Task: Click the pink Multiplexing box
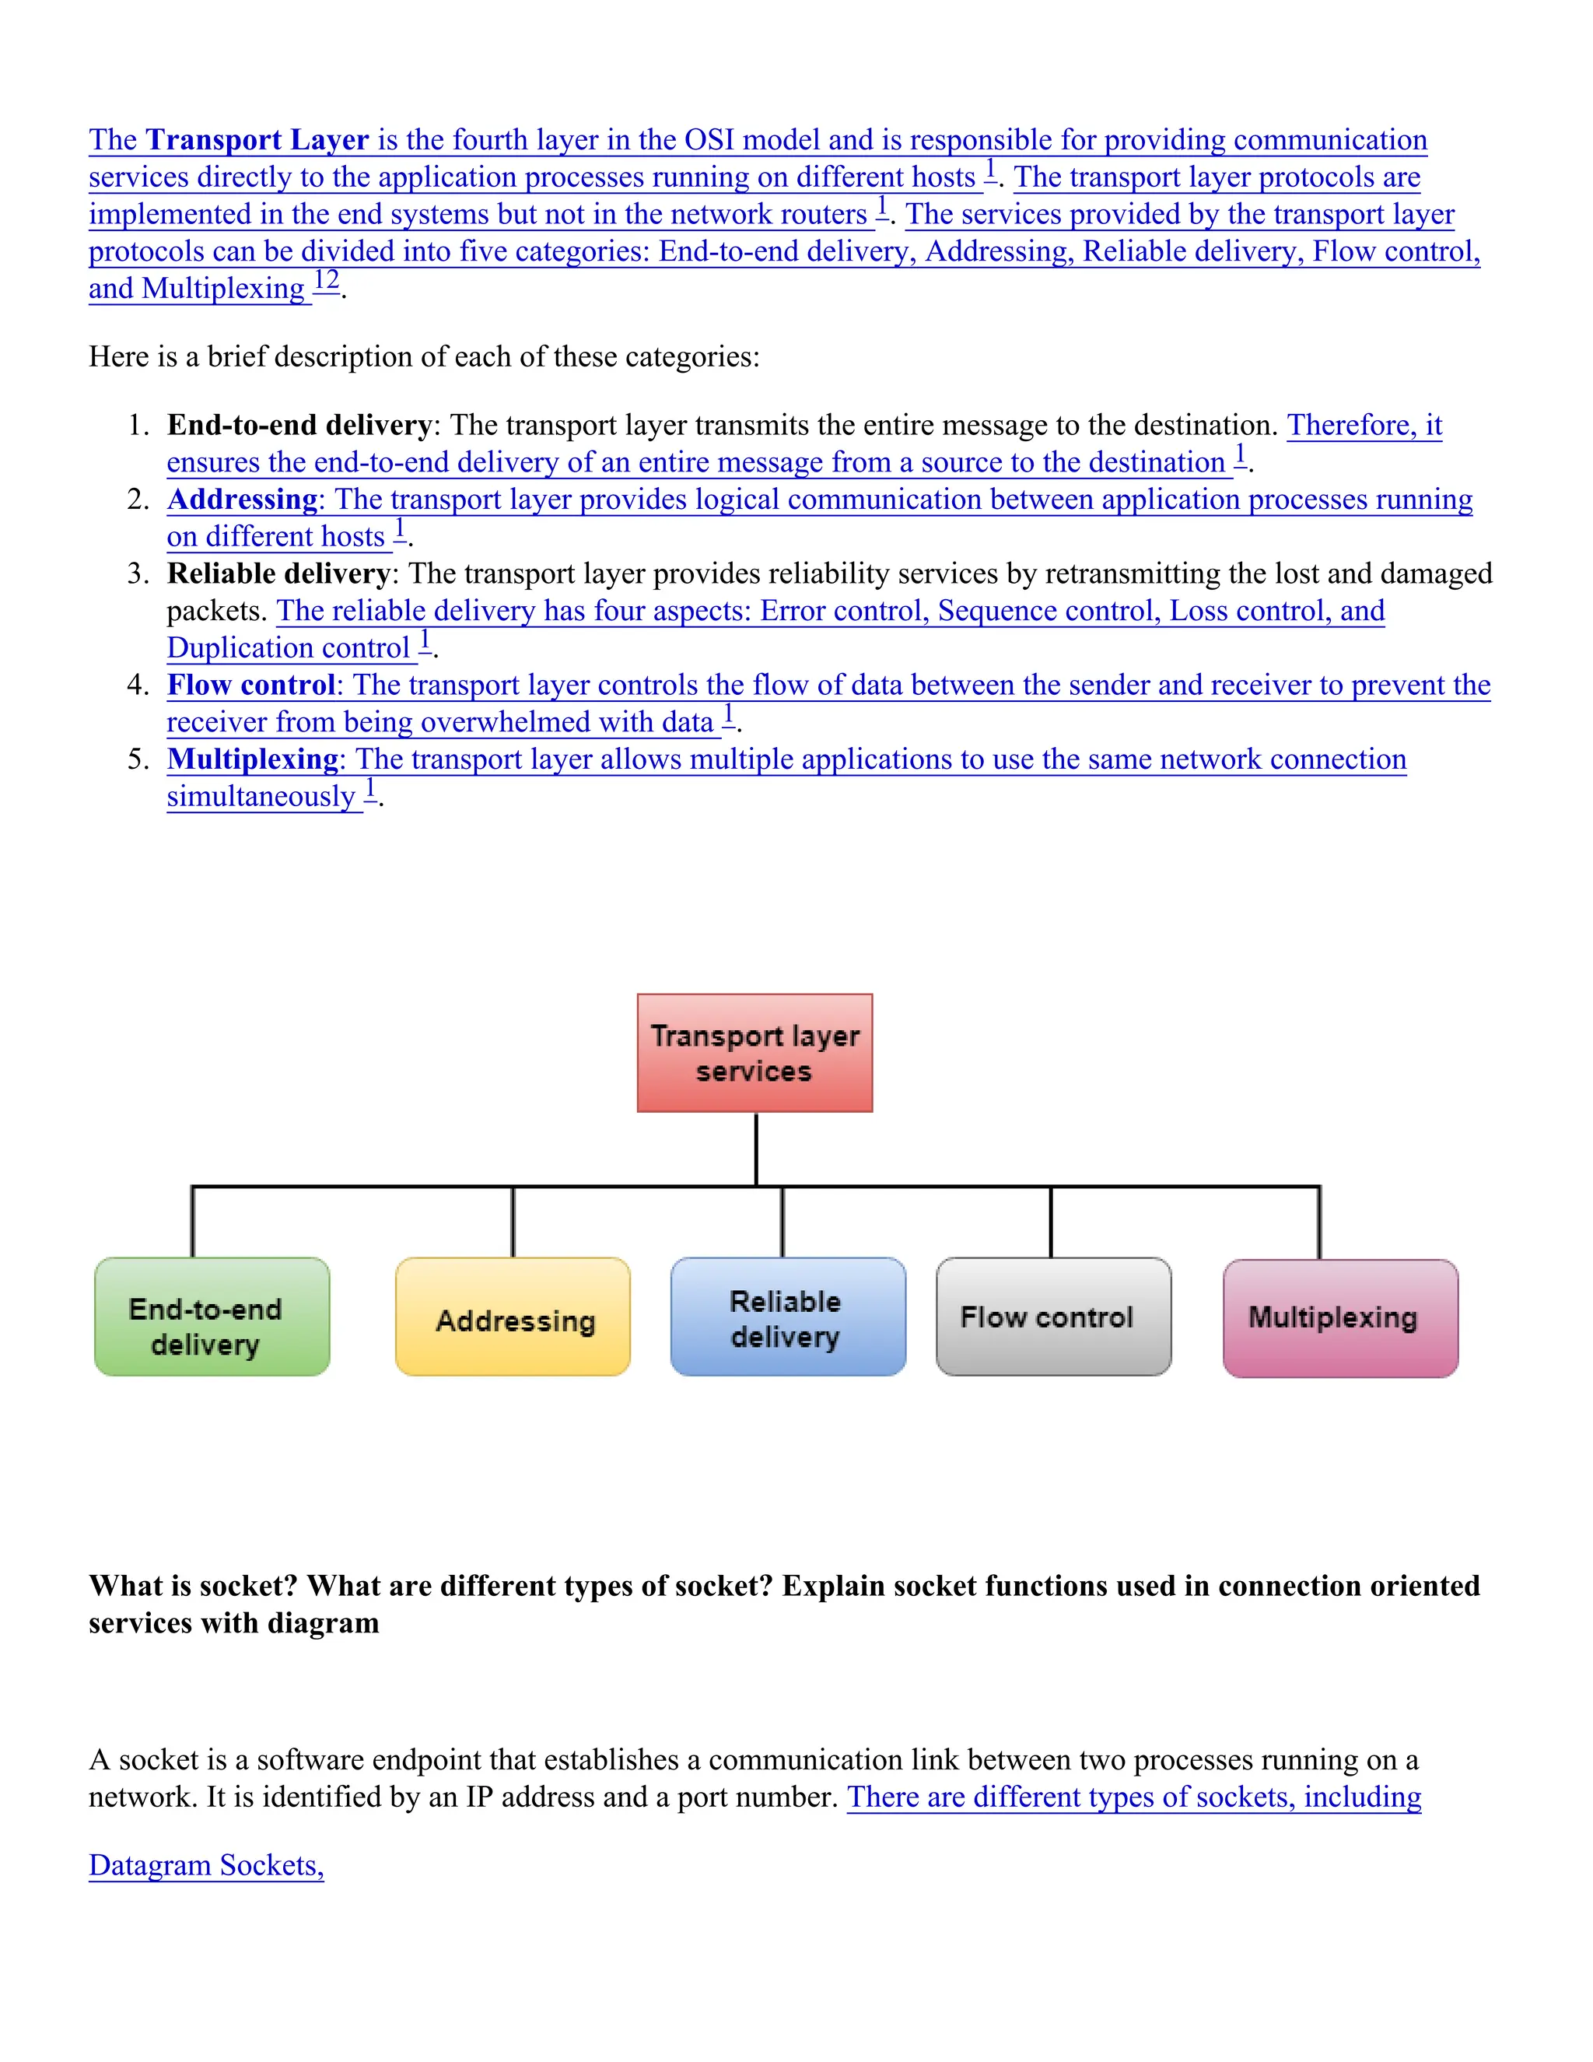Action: (x=1339, y=1318)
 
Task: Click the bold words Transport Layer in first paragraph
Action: (x=257, y=140)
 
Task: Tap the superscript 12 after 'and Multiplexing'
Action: (x=327, y=280)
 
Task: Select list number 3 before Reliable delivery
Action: (x=138, y=574)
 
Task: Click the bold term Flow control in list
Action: (x=250, y=686)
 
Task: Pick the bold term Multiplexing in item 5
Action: (x=252, y=759)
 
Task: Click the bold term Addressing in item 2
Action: (x=242, y=500)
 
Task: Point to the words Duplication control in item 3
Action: (x=288, y=649)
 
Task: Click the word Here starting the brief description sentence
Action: (x=117, y=357)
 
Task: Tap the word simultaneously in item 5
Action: (x=261, y=797)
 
